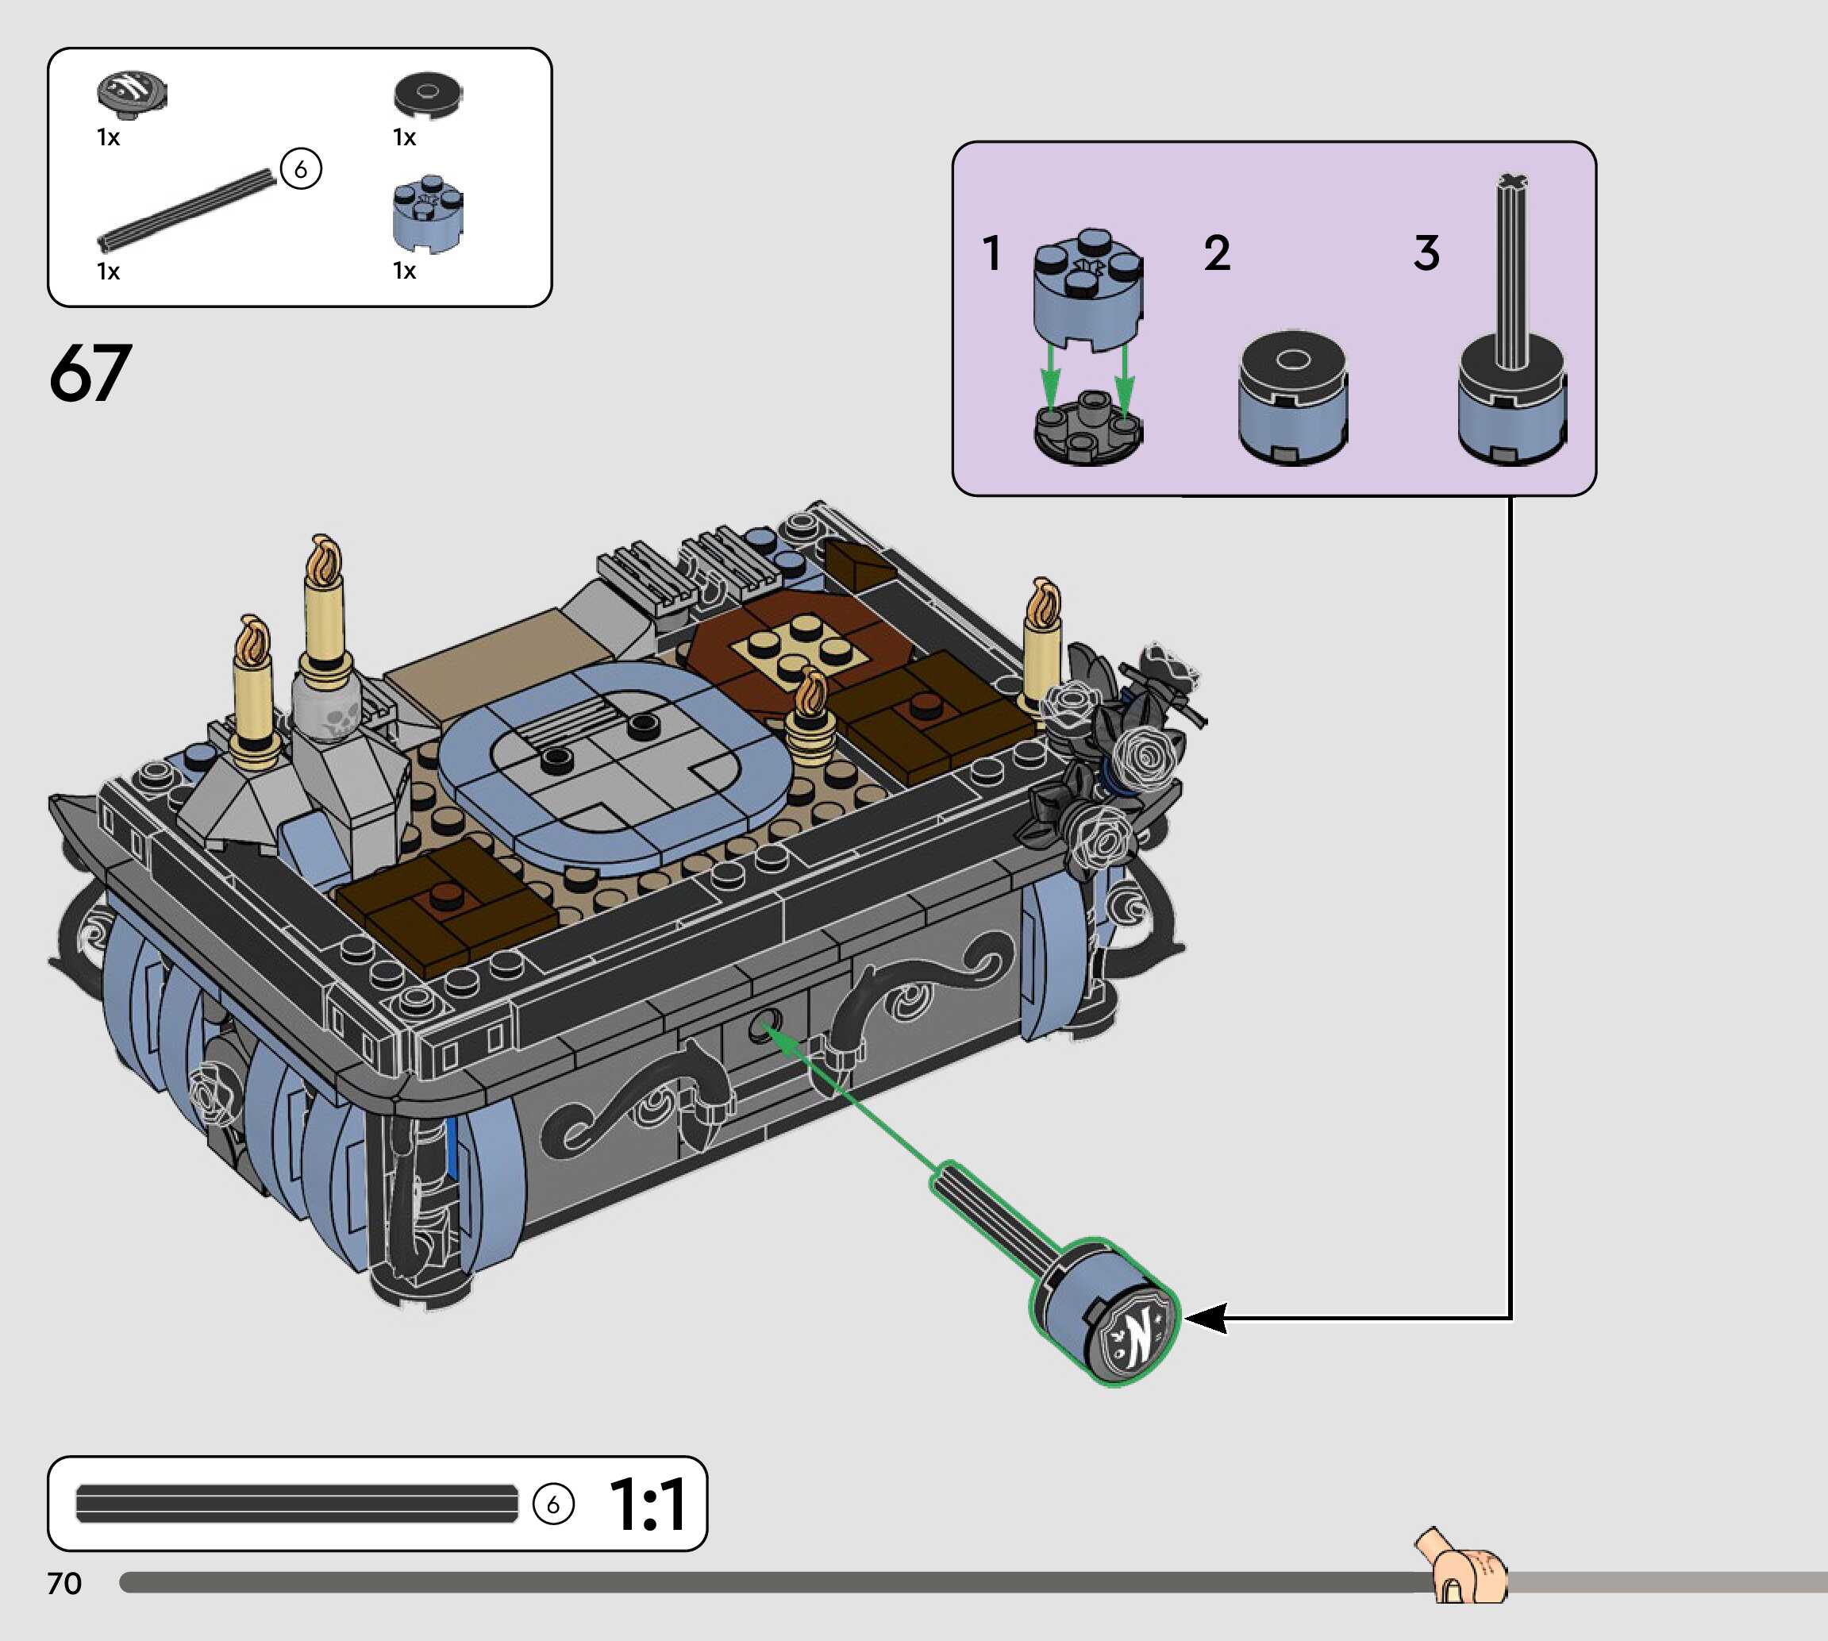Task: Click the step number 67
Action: pos(90,372)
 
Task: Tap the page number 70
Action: pos(64,1582)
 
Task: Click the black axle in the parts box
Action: pos(187,209)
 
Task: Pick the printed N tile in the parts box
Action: pos(132,94)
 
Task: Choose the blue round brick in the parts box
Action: pos(428,214)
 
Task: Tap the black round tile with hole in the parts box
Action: pos(428,94)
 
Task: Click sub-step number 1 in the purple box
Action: pos(992,252)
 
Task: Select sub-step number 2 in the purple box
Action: pos(1217,252)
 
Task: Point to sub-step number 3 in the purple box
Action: pos(1426,252)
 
